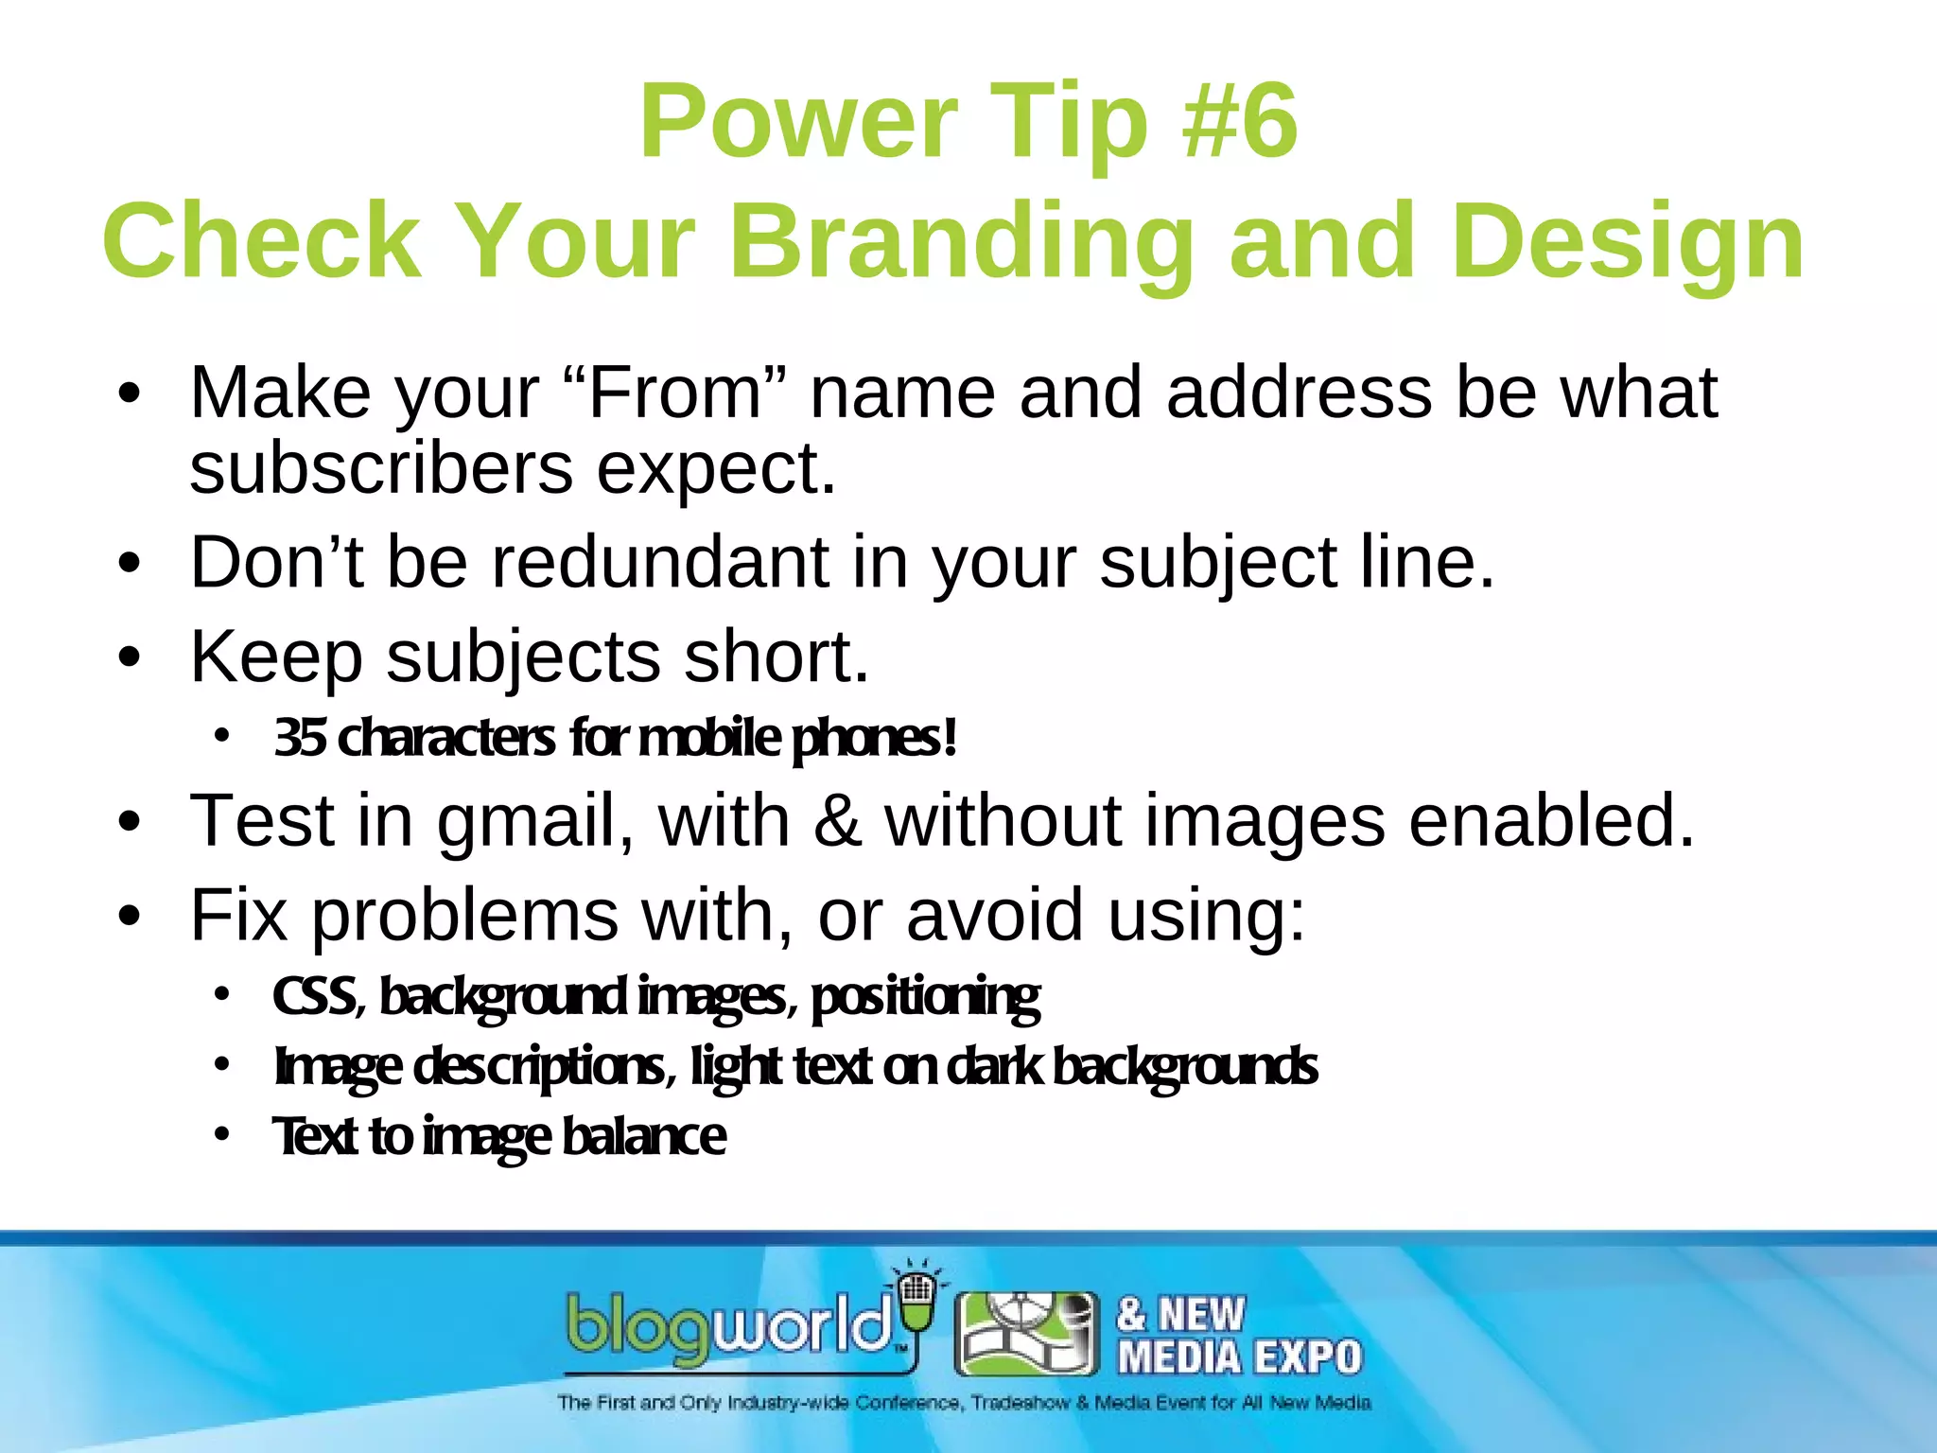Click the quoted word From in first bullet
point(674,393)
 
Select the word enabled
point(1551,820)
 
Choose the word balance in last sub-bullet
point(643,1136)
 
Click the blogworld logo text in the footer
point(728,1327)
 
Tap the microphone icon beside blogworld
point(915,1301)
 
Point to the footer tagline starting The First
point(963,1402)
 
